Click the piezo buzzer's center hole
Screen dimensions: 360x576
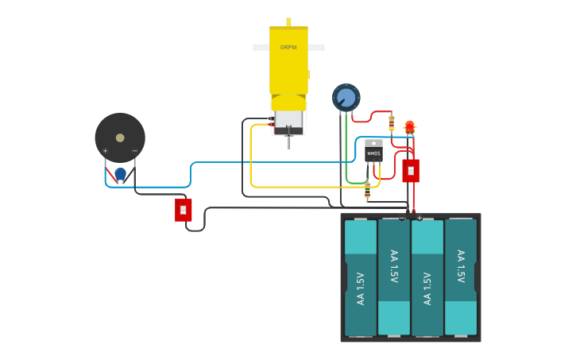tap(120, 137)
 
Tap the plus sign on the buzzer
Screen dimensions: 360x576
tap(105, 151)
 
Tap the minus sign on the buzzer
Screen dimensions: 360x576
tap(134, 151)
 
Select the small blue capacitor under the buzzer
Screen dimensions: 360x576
tap(120, 173)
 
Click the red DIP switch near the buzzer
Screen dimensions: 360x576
tap(184, 210)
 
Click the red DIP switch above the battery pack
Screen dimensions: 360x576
tap(411, 171)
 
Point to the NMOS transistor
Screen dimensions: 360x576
tap(373, 151)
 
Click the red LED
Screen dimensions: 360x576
tap(410, 126)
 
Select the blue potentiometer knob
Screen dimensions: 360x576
tap(346, 98)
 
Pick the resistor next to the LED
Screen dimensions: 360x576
tap(392, 122)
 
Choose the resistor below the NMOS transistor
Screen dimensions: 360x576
tap(367, 190)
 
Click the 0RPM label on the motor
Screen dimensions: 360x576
tap(288, 48)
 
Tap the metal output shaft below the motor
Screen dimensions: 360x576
tap(288, 142)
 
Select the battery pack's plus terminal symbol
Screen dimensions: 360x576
tap(419, 218)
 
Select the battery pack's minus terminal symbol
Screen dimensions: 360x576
tap(401, 218)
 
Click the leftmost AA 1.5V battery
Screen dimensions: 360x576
tap(361, 277)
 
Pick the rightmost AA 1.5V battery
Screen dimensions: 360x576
tap(461, 277)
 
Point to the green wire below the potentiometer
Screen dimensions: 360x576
tap(346, 151)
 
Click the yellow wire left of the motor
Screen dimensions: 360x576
tap(251, 159)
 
